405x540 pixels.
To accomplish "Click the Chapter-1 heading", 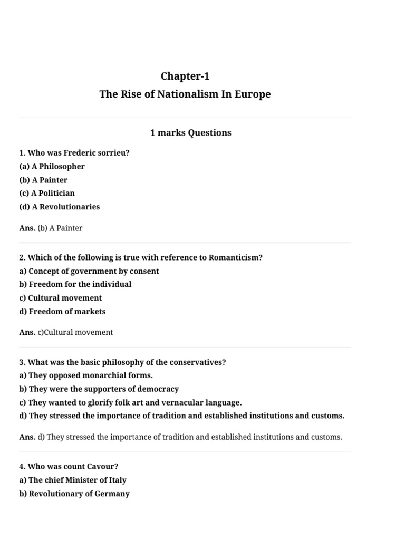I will pos(185,76).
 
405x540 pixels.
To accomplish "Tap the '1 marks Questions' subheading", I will pos(190,133).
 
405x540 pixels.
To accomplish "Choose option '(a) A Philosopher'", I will pos(52,167).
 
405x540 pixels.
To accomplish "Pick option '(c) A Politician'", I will pos(47,194).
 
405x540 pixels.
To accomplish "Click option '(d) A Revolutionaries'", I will pos(59,207).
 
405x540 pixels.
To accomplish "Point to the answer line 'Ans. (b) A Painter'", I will pos(51,228).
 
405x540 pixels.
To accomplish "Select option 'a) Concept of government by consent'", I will pos(89,271).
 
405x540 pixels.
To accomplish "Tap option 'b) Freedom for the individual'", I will pos(75,284).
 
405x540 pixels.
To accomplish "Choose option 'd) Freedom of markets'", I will pos(62,312).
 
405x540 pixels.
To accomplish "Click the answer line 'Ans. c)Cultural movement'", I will pos(66,333).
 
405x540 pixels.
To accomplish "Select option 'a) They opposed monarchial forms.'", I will pos(86,375).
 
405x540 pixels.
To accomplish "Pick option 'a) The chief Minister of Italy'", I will pos(73,480).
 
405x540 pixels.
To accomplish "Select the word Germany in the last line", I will pos(112,494).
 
